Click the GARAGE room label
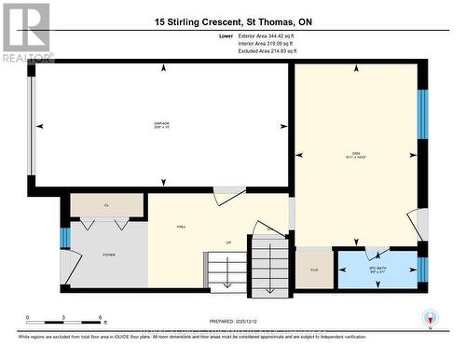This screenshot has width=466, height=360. click(162, 124)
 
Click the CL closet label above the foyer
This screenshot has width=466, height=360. click(107, 205)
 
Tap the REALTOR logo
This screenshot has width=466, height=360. click(26, 33)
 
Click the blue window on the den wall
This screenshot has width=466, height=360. click(421, 115)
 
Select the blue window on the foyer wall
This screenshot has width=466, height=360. click(64, 238)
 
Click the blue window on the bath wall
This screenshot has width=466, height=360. click(421, 270)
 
